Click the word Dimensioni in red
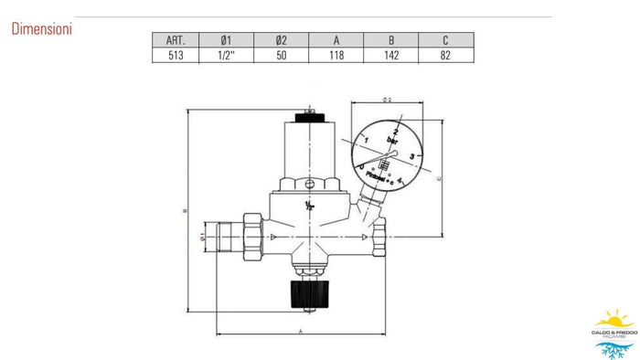click(42, 29)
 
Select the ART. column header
click(177, 40)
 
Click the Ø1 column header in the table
click(228, 40)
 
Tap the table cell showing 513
click(177, 55)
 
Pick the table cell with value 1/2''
click(228, 55)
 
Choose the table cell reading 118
click(336, 55)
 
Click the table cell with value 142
click(391, 55)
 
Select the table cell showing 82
click(445, 55)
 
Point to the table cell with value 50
click(283, 55)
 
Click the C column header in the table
click(445, 40)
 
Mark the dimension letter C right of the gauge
click(441, 180)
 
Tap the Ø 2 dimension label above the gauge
click(387, 99)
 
